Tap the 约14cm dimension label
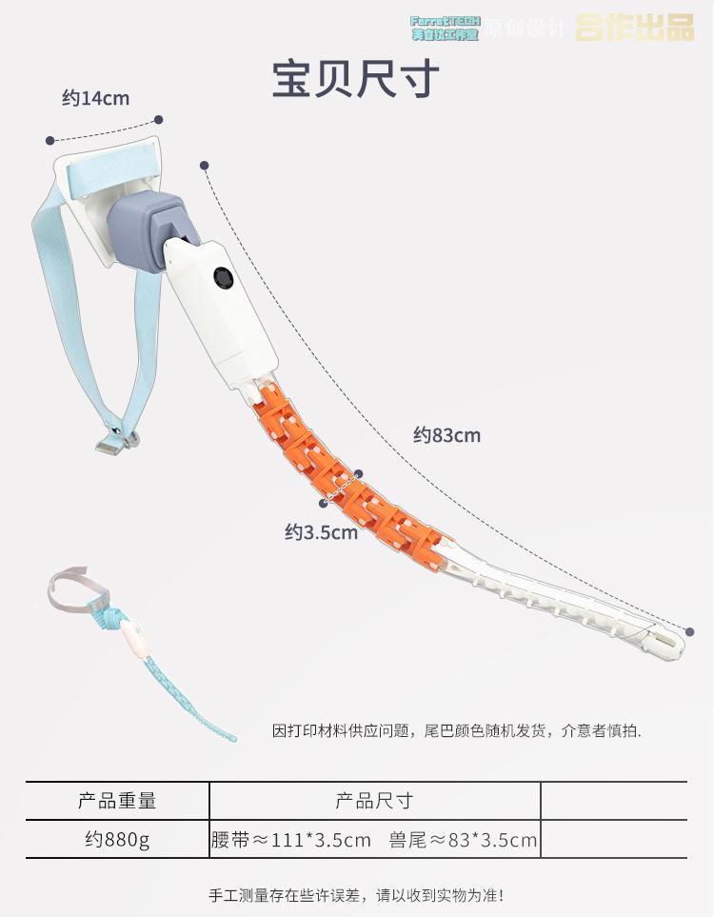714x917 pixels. click(x=95, y=97)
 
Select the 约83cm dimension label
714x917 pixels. click(x=446, y=436)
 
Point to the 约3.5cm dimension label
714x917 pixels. click(x=321, y=532)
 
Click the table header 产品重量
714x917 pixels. click(x=117, y=801)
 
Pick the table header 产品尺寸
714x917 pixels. click(x=374, y=801)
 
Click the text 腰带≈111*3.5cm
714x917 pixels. click(x=290, y=841)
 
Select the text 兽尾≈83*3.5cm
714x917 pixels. click(x=463, y=841)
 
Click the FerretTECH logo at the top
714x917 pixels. click(x=445, y=28)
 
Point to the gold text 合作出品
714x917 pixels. click(x=635, y=29)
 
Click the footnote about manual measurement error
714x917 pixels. click(x=356, y=895)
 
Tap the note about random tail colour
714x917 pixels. click(x=457, y=731)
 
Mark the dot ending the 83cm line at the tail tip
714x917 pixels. click(x=689, y=629)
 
